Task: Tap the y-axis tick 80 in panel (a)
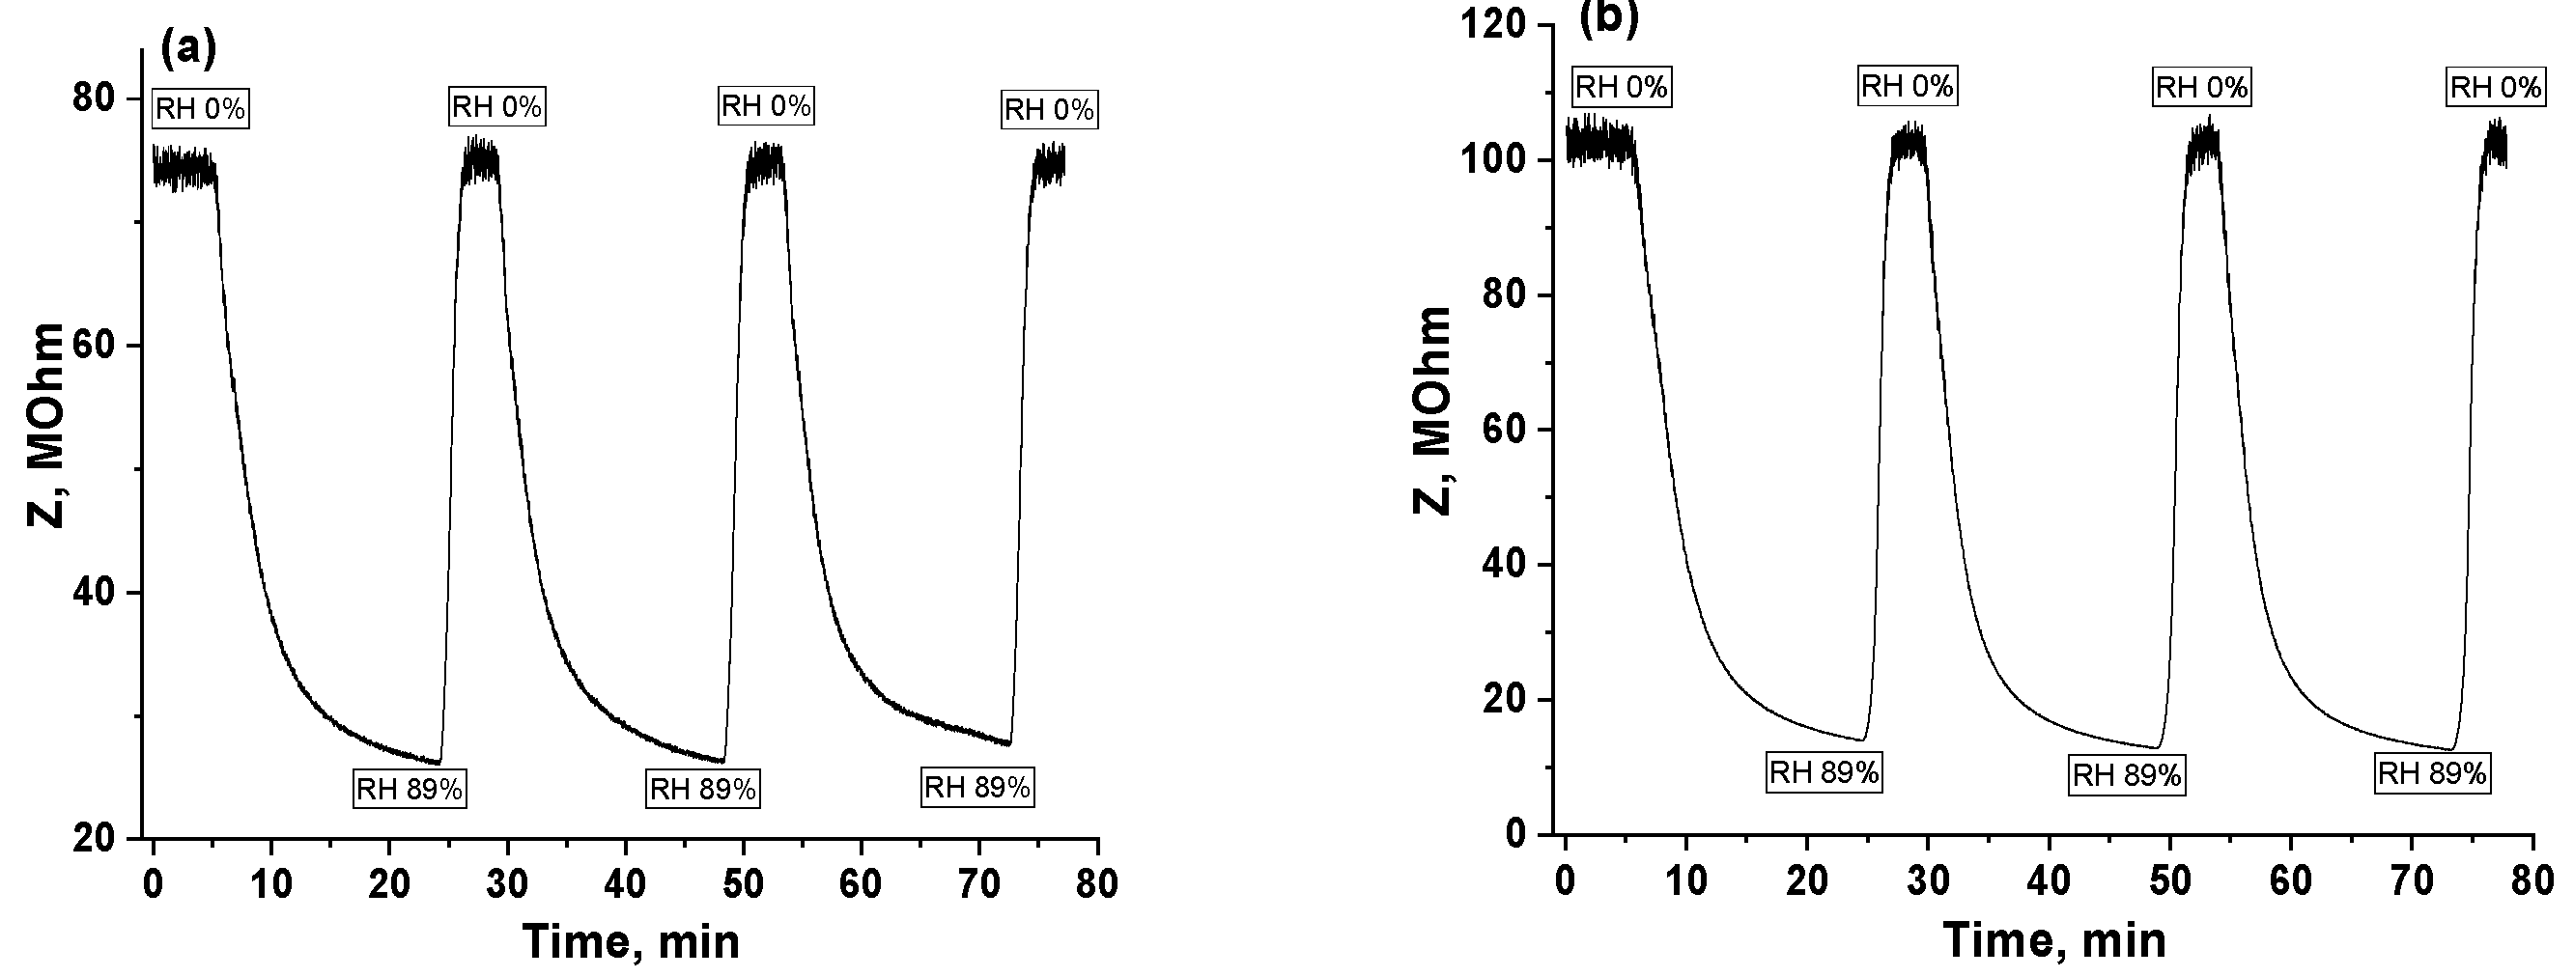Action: click(x=92, y=98)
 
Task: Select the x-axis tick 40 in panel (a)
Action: click(x=626, y=884)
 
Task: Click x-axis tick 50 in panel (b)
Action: click(x=2169, y=881)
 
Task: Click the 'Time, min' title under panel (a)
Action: click(x=631, y=941)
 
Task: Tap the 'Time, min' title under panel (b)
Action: click(x=2055, y=940)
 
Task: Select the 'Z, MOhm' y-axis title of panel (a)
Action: click(x=45, y=425)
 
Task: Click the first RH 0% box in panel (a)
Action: click(x=200, y=108)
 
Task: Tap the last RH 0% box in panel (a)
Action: click(x=1048, y=109)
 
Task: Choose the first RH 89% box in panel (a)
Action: click(x=410, y=789)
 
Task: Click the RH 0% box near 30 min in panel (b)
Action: click(x=1907, y=86)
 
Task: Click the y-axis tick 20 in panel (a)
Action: click(x=92, y=838)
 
